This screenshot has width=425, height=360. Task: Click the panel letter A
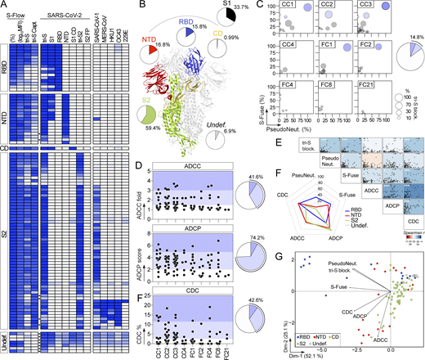4,5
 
